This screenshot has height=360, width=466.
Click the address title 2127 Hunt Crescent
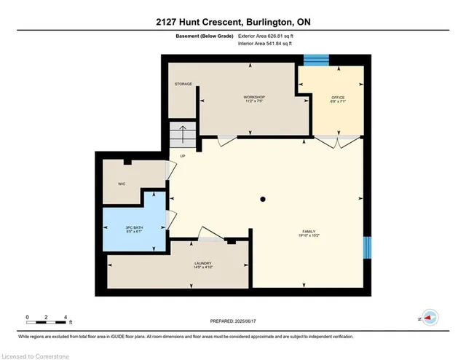pyautogui.click(x=233, y=22)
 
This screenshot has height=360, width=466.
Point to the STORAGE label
pyautogui.click(x=183, y=84)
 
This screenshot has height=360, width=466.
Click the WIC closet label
pyautogui.click(x=122, y=184)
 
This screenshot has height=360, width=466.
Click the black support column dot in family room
pyautogui.click(x=264, y=198)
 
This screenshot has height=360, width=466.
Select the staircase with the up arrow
pyautogui.click(x=183, y=136)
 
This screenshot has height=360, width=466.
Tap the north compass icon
pyautogui.click(x=429, y=318)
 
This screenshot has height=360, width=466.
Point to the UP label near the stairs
pyautogui.click(x=183, y=155)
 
